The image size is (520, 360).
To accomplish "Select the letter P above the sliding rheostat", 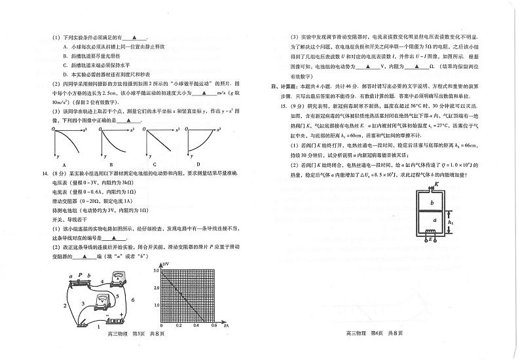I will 79,276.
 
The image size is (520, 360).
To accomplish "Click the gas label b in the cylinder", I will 424,203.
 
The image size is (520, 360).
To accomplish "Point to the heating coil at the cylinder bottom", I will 427,236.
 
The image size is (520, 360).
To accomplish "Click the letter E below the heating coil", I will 429,248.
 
